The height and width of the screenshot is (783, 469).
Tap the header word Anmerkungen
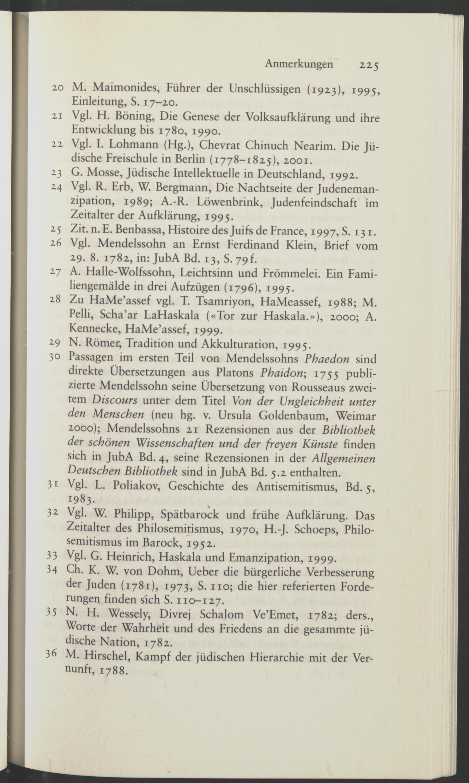pyautogui.click(x=299, y=64)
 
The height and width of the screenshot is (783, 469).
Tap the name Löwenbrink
pyautogui.click(x=230, y=202)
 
